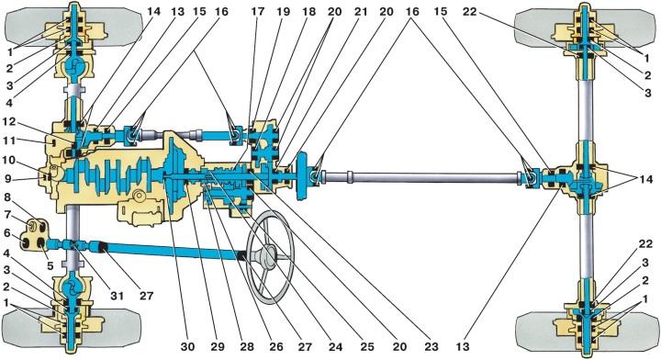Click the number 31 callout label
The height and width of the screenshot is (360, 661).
(x=117, y=296)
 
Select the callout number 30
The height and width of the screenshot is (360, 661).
(x=187, y=346)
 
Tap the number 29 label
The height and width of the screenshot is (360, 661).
(x=217, y=346)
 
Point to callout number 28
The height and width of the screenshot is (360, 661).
(x=247, y=346)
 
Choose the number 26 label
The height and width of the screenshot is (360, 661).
(x=276, y=346)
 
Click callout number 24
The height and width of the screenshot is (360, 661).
(x=335, y=346)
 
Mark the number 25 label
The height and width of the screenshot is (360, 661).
(x=366, y=346)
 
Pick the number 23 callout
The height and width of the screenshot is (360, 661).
(x=431, y=346)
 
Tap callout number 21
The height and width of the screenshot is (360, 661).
(x=361, y=12)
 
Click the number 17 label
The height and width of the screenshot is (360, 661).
(x=257, y=12)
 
